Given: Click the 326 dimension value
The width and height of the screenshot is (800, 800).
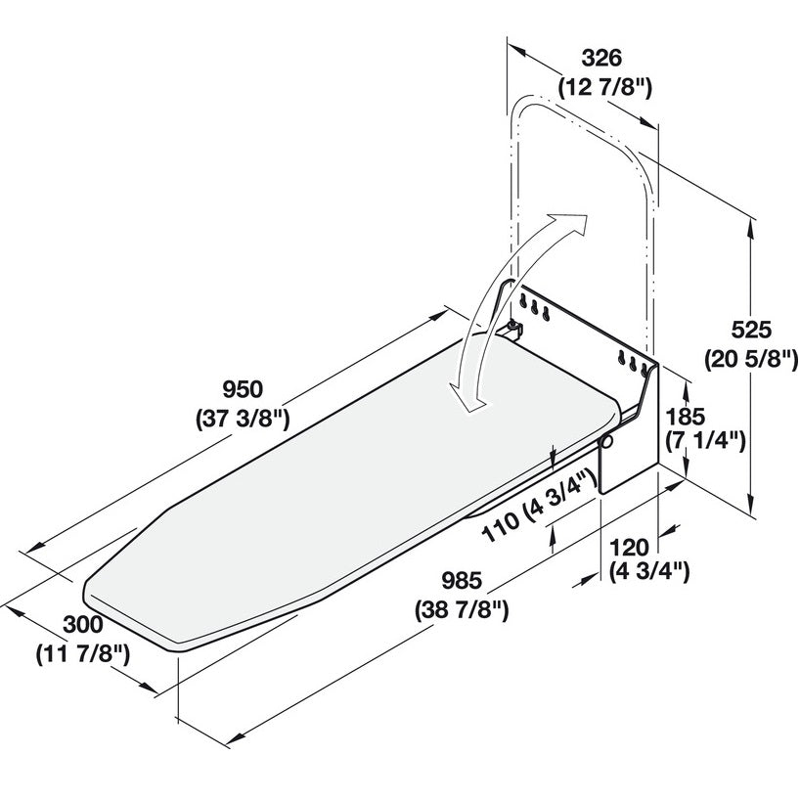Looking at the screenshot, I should point(603,57).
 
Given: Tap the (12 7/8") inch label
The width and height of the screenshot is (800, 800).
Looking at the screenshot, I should point(604,87).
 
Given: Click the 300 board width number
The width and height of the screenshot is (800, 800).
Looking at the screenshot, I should point(81,623).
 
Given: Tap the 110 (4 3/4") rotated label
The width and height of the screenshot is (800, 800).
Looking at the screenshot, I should point(540,509).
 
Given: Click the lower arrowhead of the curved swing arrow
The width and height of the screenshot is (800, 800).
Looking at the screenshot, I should point(464,400).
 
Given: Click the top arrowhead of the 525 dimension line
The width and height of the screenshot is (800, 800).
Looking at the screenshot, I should point(750,224).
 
